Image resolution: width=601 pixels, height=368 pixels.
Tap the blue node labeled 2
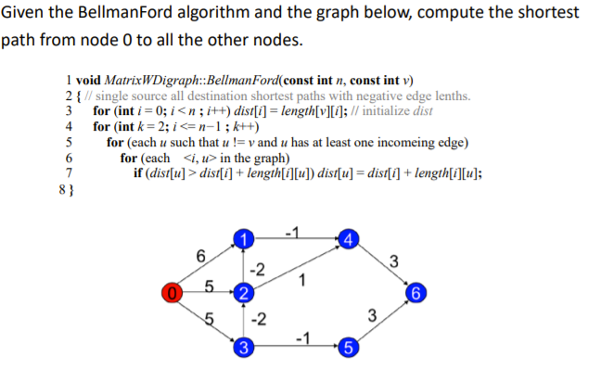(x=242, y=295)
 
